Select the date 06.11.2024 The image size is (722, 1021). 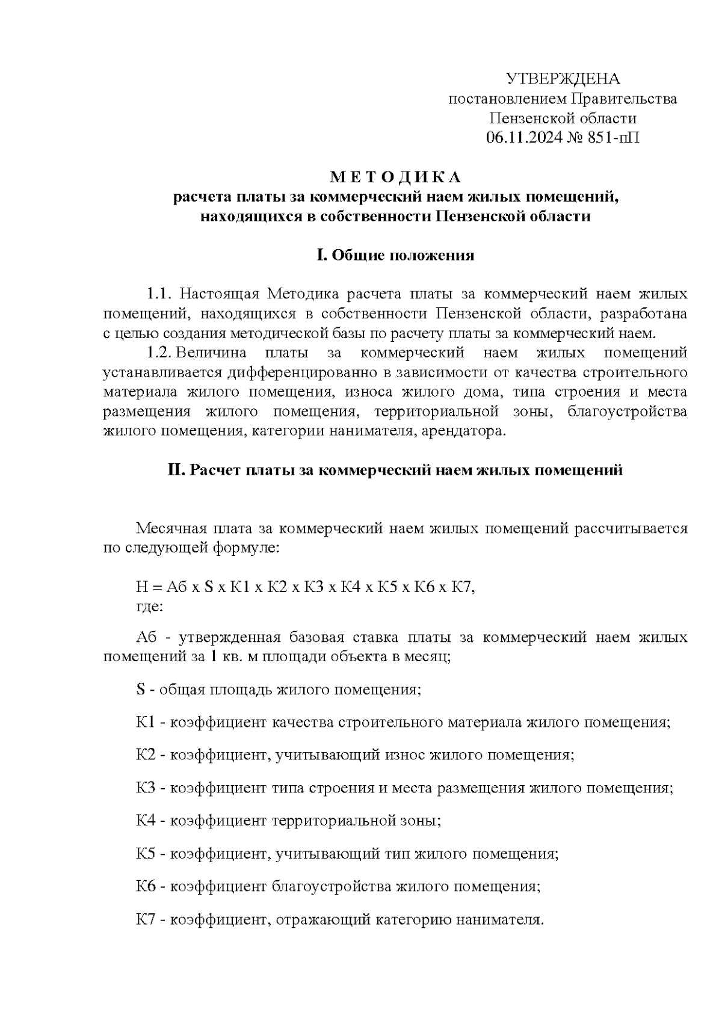pyautogui.click(x=523, y=137)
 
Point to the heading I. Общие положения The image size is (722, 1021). pyautogui.click(x=395, y=255)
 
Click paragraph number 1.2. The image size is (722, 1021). pyautogui.click(x=159, y=353)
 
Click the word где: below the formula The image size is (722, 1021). pyautogui.click(x=149, y=606)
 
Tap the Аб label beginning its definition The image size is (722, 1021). pyautogui.click(x=146, y=637)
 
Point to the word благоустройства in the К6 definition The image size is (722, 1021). pyautogui.click(x=332, y=886)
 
